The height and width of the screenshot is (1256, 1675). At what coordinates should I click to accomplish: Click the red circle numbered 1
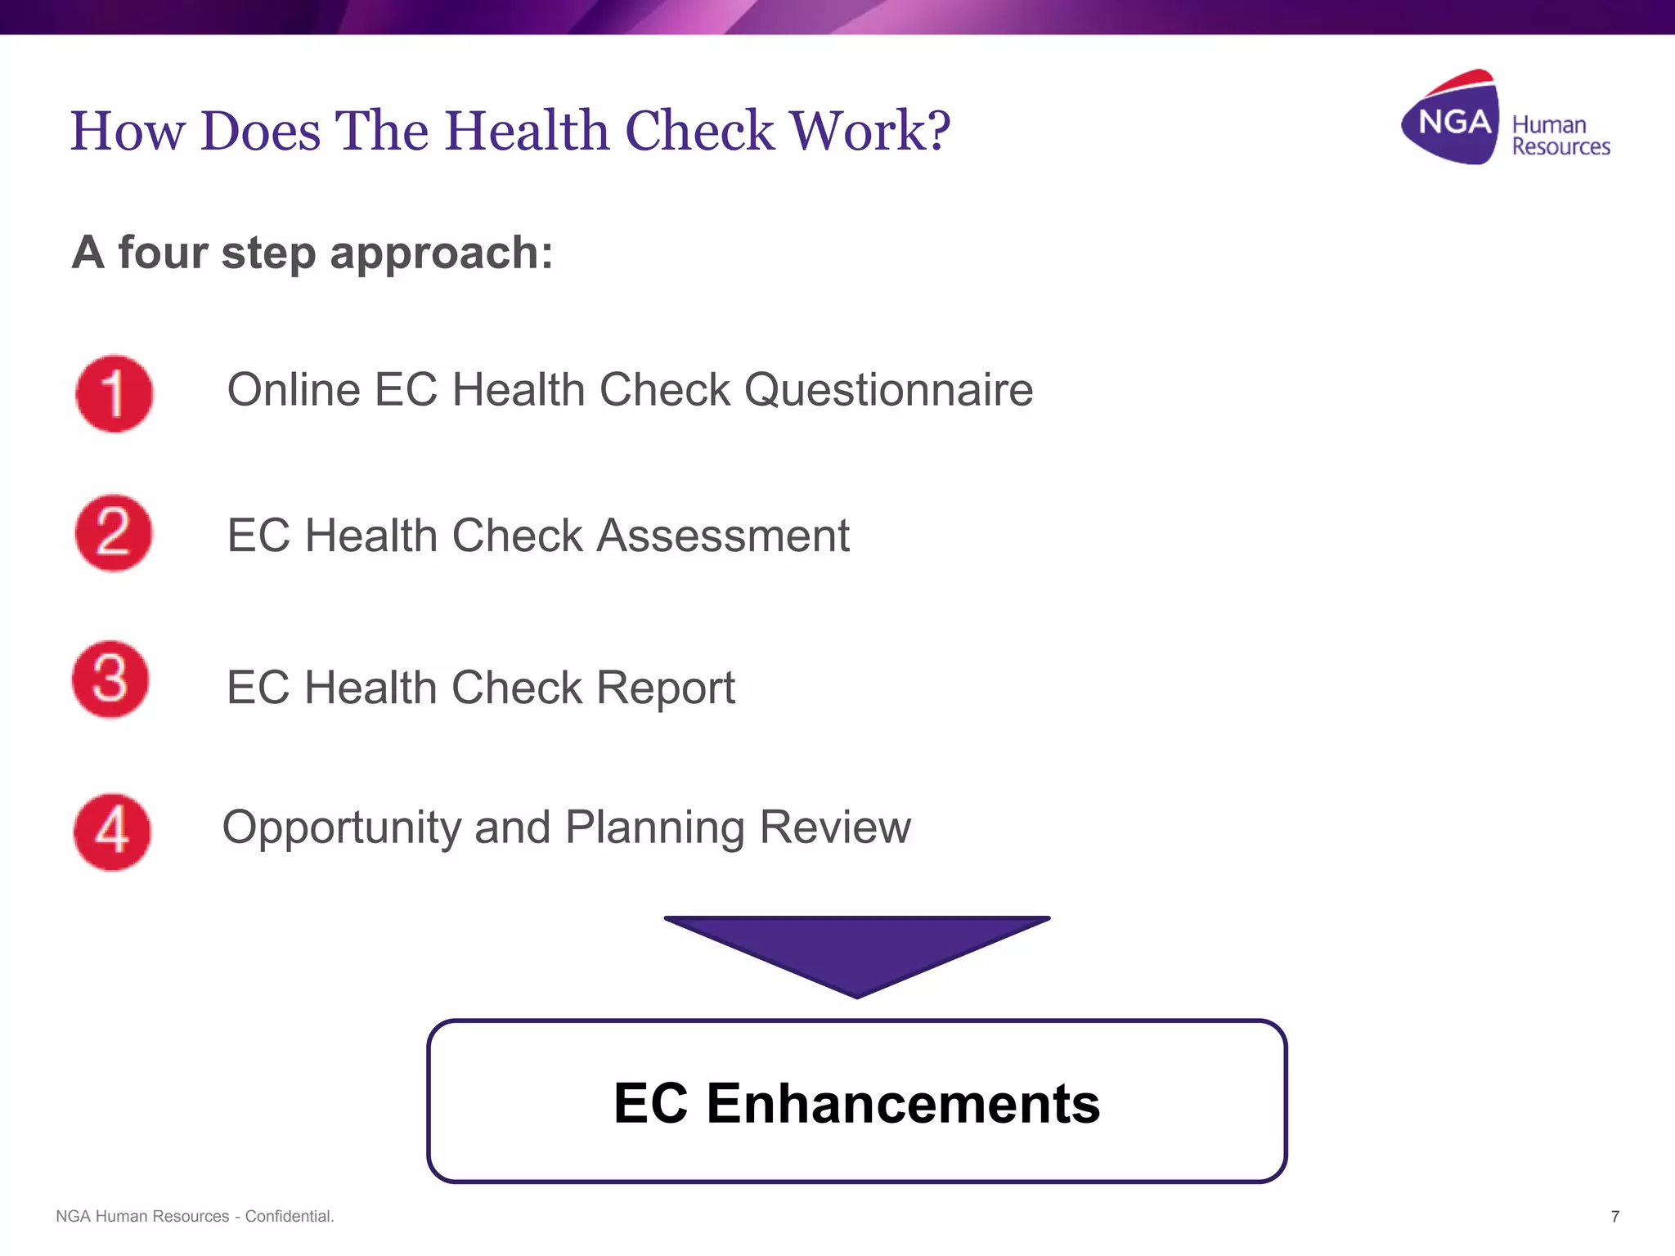114,393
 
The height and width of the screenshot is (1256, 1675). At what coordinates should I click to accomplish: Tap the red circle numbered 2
113,533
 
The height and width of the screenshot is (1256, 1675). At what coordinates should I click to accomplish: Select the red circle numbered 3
110,680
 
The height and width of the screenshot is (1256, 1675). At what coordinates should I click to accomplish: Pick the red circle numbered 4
112,832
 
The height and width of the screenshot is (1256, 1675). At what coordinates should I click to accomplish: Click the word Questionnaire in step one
888,389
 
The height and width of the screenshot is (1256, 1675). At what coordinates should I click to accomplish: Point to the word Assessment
723,536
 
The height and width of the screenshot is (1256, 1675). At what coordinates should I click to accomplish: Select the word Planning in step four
654,828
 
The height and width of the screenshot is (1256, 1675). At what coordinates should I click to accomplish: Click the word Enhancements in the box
903,1103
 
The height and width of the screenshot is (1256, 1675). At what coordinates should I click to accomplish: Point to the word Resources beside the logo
1560,147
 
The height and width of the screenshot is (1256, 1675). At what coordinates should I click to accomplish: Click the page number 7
1614,1217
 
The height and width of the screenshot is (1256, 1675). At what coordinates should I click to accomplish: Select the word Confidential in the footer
289,1217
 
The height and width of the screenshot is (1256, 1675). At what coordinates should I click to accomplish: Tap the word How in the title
127,131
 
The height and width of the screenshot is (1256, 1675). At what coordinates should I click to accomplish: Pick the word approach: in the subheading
441,253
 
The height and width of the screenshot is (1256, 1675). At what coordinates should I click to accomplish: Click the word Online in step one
294,389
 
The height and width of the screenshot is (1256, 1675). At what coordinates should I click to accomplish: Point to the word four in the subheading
163,252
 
